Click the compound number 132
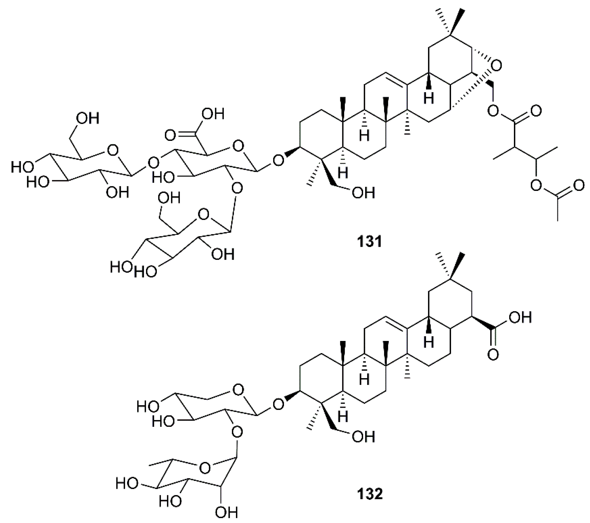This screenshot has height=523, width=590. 370,494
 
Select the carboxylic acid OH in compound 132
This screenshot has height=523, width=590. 520,317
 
